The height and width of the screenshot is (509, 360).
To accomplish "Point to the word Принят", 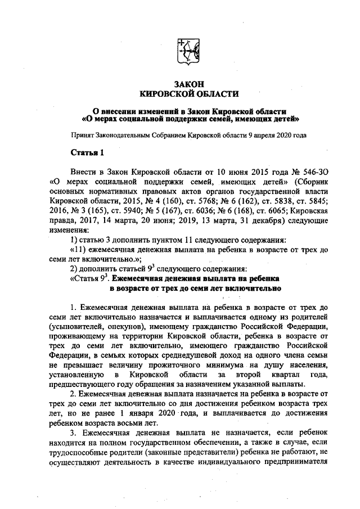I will tap(83, 135).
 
